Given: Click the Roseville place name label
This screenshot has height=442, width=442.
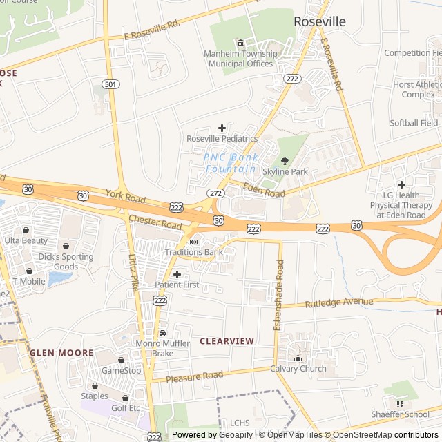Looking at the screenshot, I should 320,21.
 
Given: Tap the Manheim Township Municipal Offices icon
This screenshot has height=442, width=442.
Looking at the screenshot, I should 240,44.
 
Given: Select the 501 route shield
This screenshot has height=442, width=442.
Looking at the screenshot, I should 109,84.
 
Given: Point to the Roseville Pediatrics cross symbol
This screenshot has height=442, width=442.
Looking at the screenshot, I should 222,128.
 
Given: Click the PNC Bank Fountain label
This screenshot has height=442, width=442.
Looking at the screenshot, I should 232,163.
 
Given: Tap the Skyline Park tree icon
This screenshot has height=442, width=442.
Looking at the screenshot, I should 285,160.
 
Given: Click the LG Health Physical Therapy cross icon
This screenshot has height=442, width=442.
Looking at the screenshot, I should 401,184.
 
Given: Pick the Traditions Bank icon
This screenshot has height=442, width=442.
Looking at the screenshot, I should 193,242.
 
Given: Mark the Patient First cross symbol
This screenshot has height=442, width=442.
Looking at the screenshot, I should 177,274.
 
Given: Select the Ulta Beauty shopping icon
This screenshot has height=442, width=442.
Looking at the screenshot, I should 26,230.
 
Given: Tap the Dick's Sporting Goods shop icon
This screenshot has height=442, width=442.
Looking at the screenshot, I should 66,246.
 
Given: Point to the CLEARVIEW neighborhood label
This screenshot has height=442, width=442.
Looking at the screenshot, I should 227,341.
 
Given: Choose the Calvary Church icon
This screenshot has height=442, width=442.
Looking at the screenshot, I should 298,358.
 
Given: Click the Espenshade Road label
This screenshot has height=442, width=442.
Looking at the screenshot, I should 278,295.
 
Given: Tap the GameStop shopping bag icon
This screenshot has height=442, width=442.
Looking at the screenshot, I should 121,360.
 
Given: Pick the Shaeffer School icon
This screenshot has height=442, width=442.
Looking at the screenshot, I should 400,403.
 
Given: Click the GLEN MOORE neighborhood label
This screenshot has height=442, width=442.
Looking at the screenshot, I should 61,353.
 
